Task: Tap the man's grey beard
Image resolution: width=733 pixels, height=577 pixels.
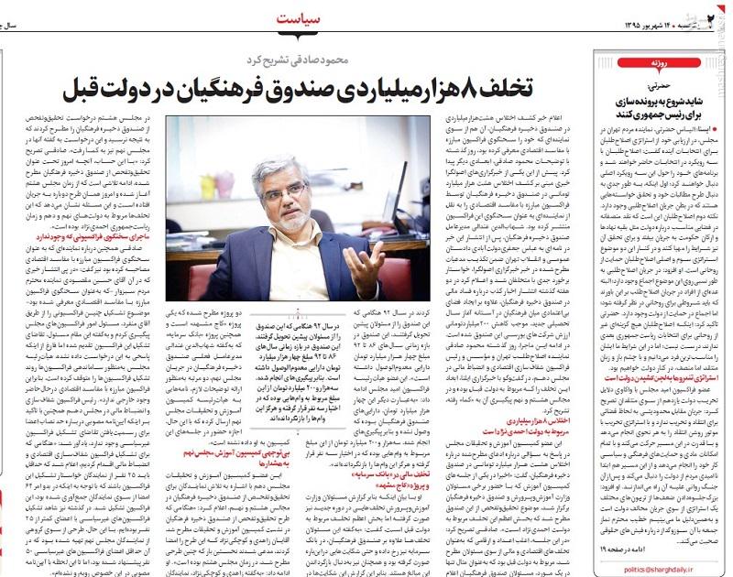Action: pyautogui.click(x=291, y=220)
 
